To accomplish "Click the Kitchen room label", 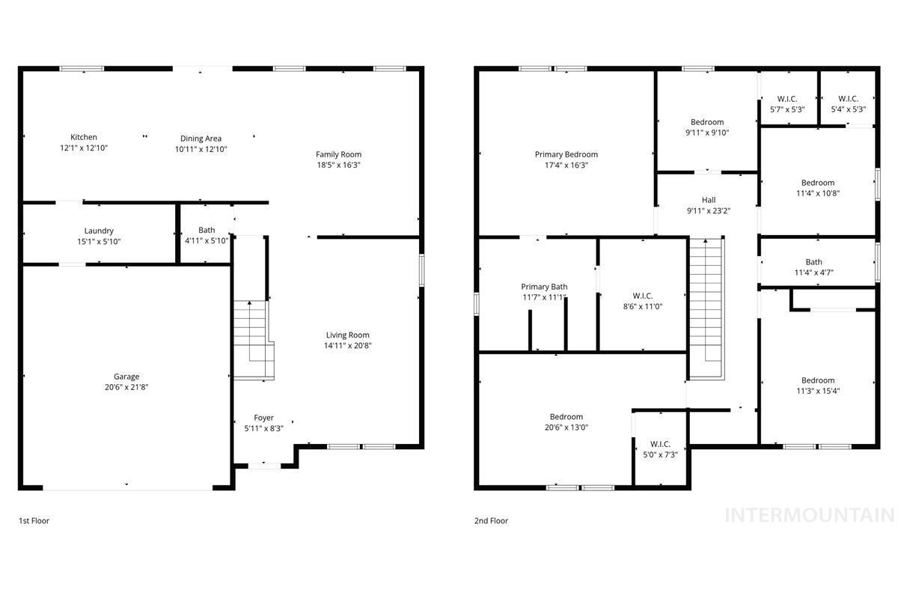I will pos(84,137).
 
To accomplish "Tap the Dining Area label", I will pos(201,139).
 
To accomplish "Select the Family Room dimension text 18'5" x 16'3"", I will pos(338,165).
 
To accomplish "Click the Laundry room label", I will pos(99,231).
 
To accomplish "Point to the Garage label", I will pos(126,377).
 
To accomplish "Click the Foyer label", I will pos(263,418).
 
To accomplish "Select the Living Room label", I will pos(347,335).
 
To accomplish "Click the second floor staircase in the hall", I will pos(706,307).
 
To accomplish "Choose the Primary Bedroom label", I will pos(566,155).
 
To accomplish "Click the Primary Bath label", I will pos(544,287).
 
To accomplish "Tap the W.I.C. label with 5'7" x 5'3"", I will pos(787,99).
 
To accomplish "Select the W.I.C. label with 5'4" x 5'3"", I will pos(848,99).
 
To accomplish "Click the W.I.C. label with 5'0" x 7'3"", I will pos(660,443).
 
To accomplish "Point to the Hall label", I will pos(709,200).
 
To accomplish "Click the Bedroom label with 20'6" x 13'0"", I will pos(566,417).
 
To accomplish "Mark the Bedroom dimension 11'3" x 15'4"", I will pos(817,391).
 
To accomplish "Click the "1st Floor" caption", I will pos(34,520).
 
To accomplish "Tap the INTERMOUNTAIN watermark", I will pos(810,515).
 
